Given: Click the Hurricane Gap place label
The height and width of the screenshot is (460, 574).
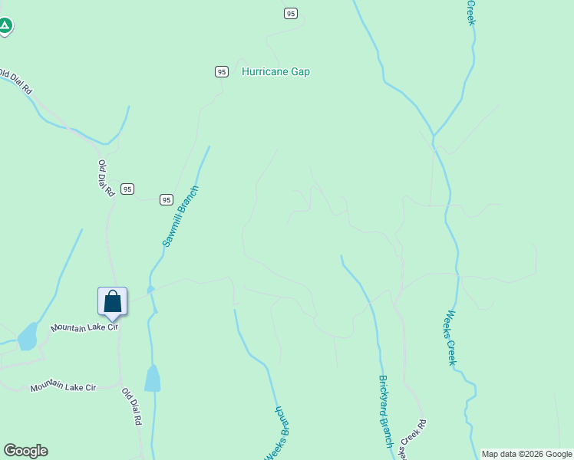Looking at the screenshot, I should pos(275,71).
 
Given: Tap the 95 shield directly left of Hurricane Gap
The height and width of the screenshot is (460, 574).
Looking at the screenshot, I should pos(221,71).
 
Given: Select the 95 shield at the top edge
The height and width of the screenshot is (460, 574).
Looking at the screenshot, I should pos(289,13).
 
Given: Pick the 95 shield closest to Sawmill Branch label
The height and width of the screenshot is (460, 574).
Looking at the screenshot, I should pos(166,199).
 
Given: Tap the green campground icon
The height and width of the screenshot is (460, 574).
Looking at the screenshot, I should pos(5,26).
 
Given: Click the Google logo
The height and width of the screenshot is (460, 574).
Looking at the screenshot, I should pos(25,451).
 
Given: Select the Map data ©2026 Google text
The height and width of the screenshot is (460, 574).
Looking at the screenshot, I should pos(526,454).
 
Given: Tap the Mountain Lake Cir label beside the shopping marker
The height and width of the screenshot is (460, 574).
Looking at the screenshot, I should pos(84,327).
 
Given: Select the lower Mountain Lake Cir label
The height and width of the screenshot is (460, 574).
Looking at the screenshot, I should pos(63,386).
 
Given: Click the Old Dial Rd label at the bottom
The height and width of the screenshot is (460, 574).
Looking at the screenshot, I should pos(132,406).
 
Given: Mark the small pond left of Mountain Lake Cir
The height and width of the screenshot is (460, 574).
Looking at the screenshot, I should pos(28,336).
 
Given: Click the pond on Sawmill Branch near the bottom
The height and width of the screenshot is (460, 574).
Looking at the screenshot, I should pos(153,378).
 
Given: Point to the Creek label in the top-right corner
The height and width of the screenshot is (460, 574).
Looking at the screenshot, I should pos(472,12).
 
